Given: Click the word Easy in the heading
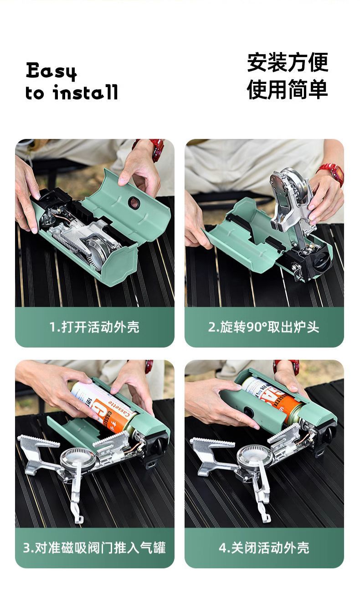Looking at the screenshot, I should (51, 72).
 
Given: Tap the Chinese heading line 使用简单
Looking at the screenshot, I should (288, 88).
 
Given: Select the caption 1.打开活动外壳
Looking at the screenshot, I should (94, 327).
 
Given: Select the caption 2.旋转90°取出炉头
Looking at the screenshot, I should (264, 327).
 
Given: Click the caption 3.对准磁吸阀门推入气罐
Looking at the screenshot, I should (94, 547).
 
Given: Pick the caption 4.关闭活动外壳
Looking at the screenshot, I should (264, 547).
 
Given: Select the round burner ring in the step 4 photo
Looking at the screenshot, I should (255, 454).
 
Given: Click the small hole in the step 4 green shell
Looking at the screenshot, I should (249, 410).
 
